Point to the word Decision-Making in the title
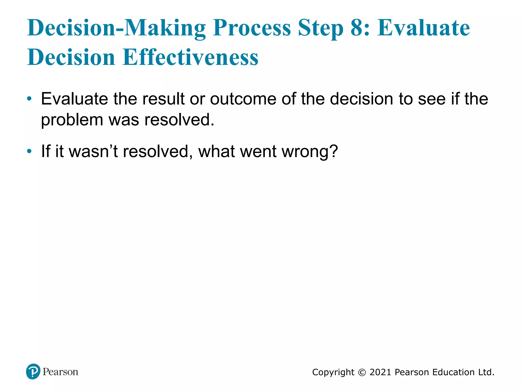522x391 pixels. click(x=116, y=28)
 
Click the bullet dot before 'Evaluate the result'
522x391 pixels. click(x=29, y=99)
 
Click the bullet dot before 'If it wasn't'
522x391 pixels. click(x=29, y=151)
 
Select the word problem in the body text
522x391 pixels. click(x=72, y=120)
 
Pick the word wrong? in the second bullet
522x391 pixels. click(x=309, y=152)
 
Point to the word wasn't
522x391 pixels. click(x=93, y=151)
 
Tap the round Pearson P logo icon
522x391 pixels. click(x=33, y=371)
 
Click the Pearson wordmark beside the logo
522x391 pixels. click(x=60, y=372)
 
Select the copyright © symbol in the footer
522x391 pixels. click(x=362, y=372)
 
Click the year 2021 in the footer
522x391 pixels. click(x=380, y=372)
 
